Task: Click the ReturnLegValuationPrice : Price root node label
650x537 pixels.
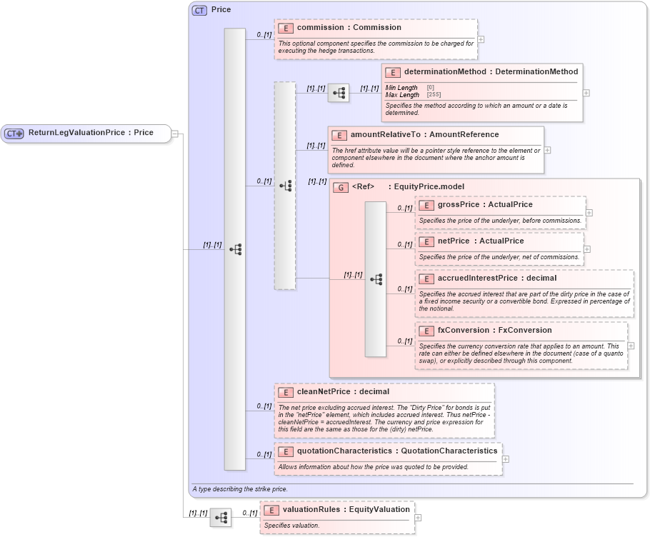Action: coord(91,133)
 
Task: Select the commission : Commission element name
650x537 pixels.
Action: coord(349,28)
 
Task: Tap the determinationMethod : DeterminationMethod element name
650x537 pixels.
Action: coord(491,72)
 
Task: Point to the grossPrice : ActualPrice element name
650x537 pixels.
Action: coord(485,205)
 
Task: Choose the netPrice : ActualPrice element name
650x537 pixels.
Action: coord(481,241)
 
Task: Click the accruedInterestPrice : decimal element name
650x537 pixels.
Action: coord(497,278)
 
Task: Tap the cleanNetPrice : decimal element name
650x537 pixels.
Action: coord(343,391)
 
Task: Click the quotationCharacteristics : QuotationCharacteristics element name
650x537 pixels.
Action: coord(396,451)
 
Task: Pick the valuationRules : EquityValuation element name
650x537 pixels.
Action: coord(346,510)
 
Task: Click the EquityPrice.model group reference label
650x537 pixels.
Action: coord(426,187)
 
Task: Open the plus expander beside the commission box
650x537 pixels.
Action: coord(481,40)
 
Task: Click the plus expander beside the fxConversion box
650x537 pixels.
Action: coord(631,346)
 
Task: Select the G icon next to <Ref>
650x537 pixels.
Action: coord(341,187)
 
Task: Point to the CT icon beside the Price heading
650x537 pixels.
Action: coord(199,10)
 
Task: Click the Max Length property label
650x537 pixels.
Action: coord(402,95)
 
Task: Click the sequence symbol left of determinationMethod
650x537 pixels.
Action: coord(339,93)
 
